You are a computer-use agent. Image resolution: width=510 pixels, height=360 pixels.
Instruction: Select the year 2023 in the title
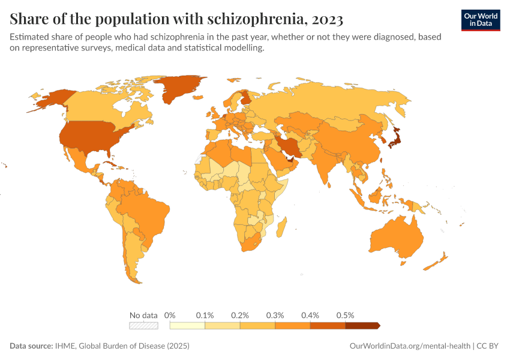tap(326, 19)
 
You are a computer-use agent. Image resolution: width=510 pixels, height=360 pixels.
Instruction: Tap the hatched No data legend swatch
tap(144, 325)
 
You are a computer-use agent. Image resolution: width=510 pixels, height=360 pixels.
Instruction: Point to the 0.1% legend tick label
tap(205, 315)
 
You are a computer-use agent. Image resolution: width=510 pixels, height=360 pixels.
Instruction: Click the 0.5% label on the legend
tap(346, 315)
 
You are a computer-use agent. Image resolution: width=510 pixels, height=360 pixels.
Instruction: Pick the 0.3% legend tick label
tap(275, 315)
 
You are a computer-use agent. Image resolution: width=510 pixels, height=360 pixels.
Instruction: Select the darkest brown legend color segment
tap(362, 325)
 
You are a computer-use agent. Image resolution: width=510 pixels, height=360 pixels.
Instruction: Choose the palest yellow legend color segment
tap(187, 325)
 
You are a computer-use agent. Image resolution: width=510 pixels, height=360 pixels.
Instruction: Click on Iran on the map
tap(289, 146)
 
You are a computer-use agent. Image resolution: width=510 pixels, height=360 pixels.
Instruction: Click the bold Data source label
tap(31, 346)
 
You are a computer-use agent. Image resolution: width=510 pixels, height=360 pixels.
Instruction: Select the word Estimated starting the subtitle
tap(29, 37)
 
